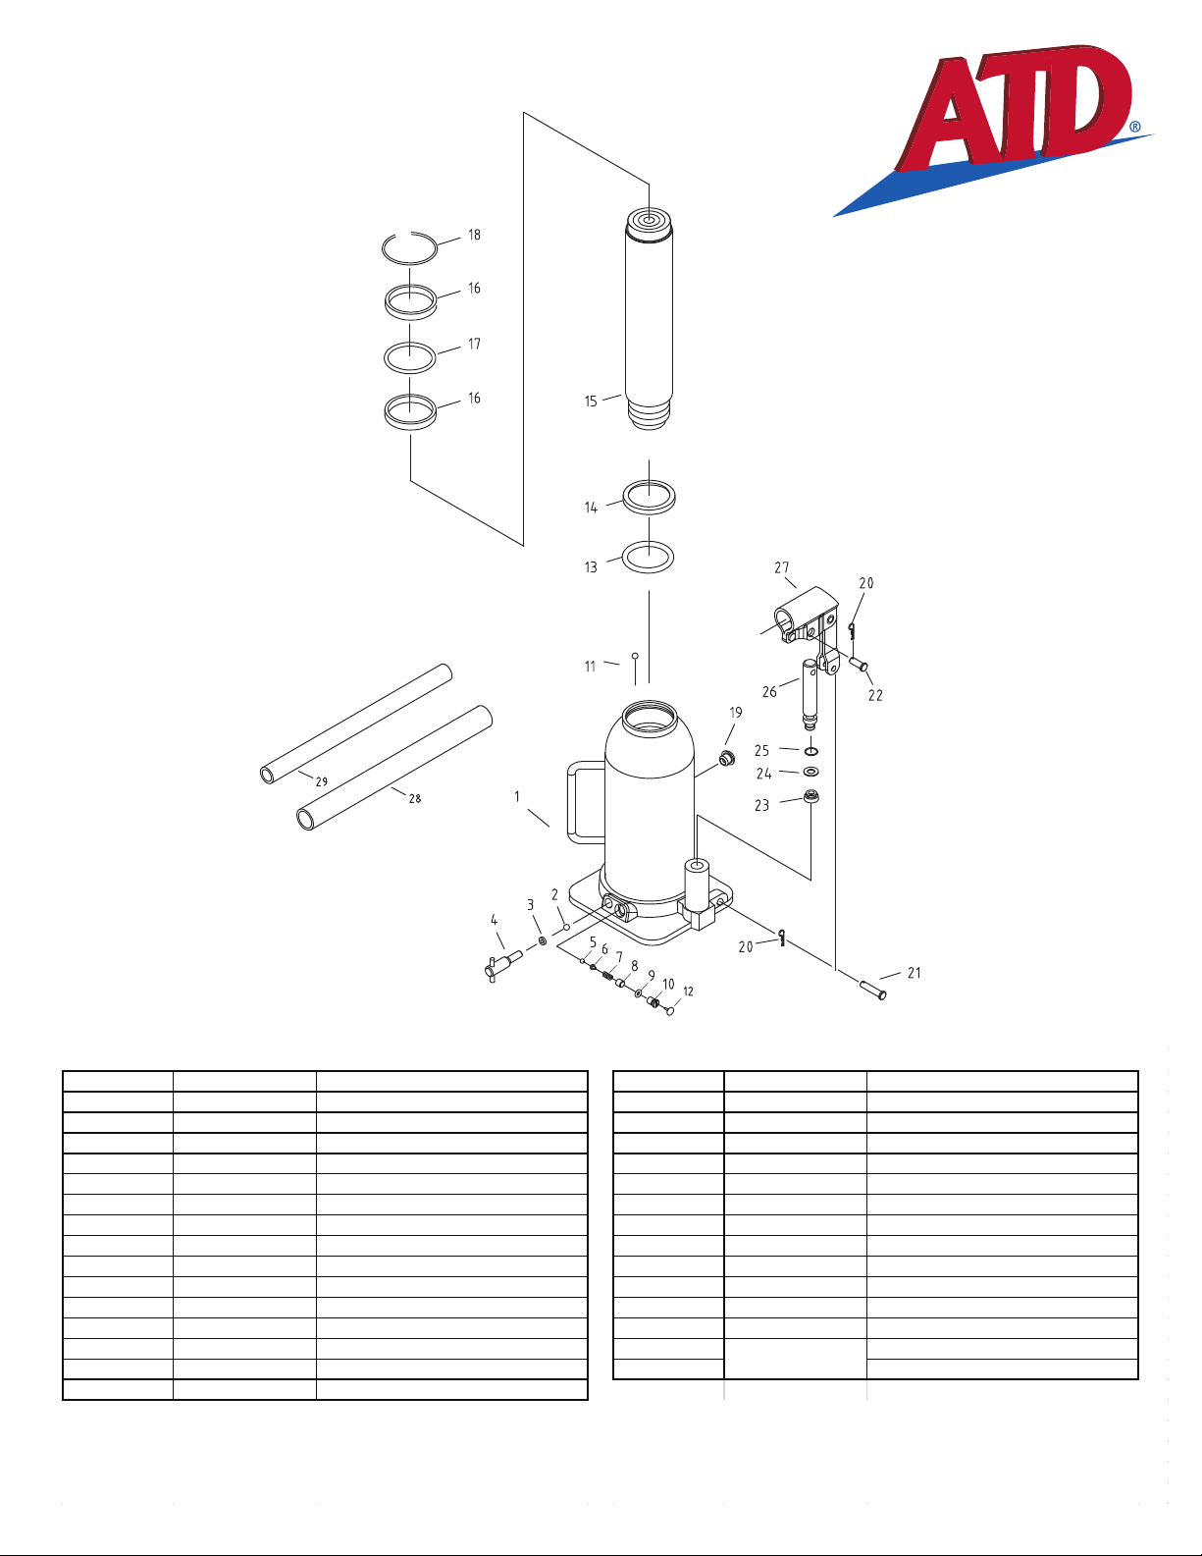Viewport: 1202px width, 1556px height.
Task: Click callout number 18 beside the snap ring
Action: pyautogui.click(x=474, y=235)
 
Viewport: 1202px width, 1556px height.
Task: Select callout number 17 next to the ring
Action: pyautogui.click(x=474, y=345)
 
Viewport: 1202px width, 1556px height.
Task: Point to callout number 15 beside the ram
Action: pyautogui.click(x=591, y=402)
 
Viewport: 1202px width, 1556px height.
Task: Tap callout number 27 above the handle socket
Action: pyautogui.click(x=781, y=567)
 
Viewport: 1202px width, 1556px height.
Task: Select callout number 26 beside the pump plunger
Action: pyautogui.click(x=769, y=692)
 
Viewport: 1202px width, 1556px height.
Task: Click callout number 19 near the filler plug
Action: pyautogui.click(x=736, y=713)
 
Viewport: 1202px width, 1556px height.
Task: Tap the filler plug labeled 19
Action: pyautogui.click(x=727, y=758)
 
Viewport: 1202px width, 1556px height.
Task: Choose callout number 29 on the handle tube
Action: pyautogui.click(x=322, y=782)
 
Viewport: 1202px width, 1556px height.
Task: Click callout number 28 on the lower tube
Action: pyautogui.click(x=415, y=798)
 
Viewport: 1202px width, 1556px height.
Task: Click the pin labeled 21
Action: pyautogui.click(x=873, y=990)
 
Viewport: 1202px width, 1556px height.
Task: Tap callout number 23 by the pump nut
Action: pyautogui.click(x=762, y=806)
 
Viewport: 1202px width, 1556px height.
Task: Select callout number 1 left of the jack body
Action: pyautogui.click(x=516, y=797)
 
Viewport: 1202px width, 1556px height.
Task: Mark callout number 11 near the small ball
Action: pyautogui.click(x=591, y=667)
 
